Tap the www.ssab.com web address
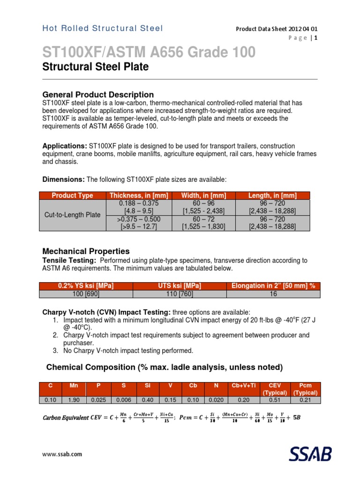pos(62,454)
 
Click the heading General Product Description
pos(98,94)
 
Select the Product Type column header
pos(72,195)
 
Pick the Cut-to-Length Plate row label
pos(72,215)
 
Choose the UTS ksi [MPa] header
pos(180,286)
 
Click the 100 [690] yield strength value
pos(86,294)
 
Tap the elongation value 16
pos(273,294)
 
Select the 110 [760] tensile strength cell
pos(180,294)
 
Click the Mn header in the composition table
pos(74,385)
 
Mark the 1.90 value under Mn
pos(74,400)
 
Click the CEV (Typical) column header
pos(278,389)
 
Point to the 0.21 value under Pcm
pos(305,400)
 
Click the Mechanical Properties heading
pos(86,251)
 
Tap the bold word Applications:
pos(65,146)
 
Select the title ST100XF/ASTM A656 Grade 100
pos(149,53)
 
